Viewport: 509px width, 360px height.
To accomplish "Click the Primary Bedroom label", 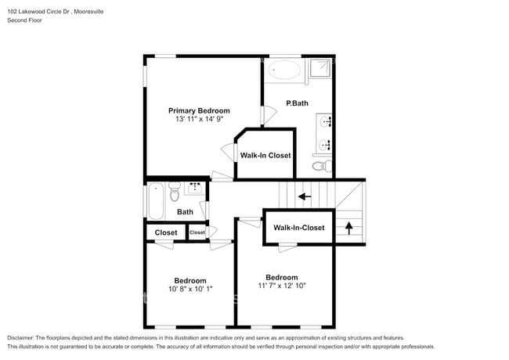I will (x=199, y=111).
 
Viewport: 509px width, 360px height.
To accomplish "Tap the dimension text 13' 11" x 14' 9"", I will (x=199, y=121).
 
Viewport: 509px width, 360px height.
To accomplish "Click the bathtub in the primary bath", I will (x=284, y=70).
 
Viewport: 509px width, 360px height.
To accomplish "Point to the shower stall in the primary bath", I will (x=319, y=68).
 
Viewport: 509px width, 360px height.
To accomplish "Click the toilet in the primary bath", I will (x=319, y=166).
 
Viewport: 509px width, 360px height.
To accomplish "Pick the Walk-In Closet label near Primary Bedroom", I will (x=265, y=155).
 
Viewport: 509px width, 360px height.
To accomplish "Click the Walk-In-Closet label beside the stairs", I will (x=298, y=228).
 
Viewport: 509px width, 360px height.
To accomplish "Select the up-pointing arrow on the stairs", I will (x=349, y=229).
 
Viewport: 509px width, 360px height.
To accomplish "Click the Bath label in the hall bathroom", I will (x=185, y=212).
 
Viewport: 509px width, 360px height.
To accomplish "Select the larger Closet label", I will (x=165, y=232).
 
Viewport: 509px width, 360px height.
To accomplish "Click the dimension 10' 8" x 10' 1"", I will (x=190, y=290).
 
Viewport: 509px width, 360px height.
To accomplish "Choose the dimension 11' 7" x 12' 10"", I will (x=281, y=286).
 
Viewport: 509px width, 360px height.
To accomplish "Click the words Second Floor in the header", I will (x=24, y=20).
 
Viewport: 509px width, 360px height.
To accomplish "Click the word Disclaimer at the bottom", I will (x=23, y=337).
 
